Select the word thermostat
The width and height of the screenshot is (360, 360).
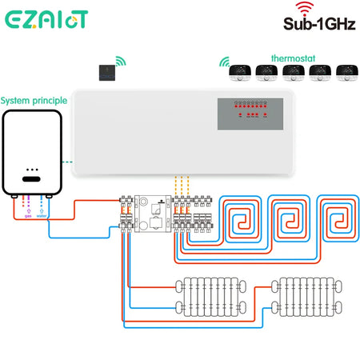click(x=294, y=58)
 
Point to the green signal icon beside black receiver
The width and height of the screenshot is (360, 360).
click(x=121, y=60)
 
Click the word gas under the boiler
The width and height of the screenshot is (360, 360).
click(x=27, y=215)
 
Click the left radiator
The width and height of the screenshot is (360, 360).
click(x=208, y=298)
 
